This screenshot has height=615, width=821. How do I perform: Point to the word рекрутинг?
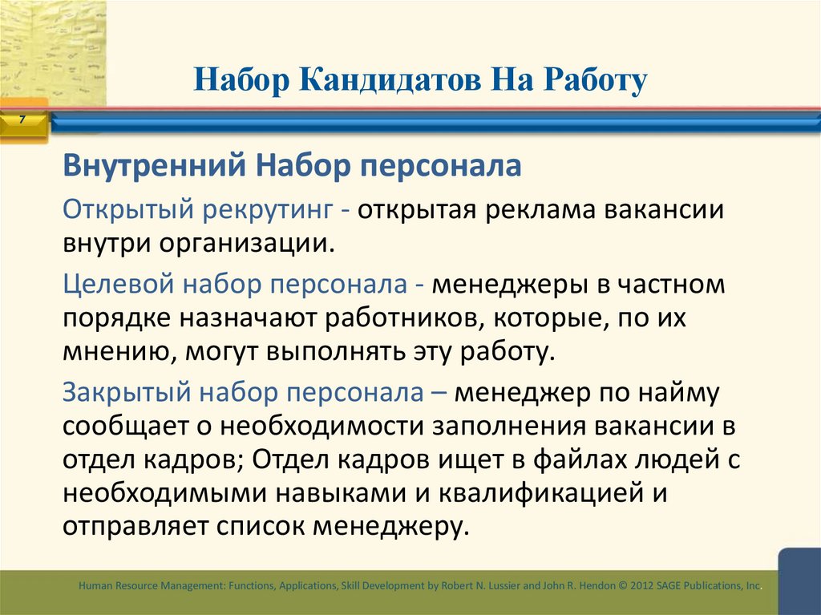[267, 209]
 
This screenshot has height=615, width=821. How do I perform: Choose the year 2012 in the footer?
[643, 586]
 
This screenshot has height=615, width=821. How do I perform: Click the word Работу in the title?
[586, 82]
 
